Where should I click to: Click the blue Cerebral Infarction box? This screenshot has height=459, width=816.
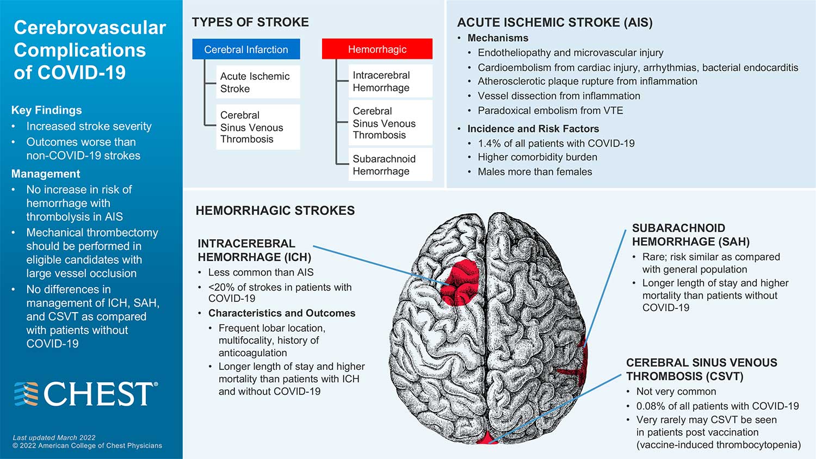(246, 49)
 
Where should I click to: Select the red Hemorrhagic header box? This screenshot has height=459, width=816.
(377, 49)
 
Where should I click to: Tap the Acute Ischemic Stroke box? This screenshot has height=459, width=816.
(255, 83)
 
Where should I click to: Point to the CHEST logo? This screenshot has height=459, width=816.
(86, 394)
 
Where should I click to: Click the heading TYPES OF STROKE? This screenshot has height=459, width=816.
(250, 22)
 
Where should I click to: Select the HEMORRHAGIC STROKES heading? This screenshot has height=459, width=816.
(275, 210)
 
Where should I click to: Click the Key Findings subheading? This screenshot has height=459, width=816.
(47, 110)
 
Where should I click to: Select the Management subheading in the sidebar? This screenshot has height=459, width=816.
(46, 174)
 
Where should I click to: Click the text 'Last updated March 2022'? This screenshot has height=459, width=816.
(54, 437)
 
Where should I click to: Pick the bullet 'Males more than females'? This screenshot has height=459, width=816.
(535, 172)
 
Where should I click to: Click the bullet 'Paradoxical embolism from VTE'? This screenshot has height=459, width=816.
(550, 110)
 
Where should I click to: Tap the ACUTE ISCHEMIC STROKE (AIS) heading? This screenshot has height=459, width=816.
(554, 22)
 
